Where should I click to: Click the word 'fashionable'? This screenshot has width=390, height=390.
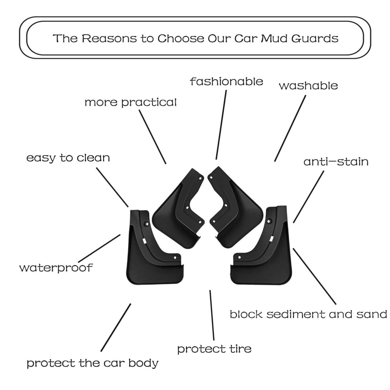pos(227,81)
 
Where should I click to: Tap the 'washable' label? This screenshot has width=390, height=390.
pos(308,85)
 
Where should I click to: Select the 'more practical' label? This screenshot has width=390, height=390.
pos(130,102)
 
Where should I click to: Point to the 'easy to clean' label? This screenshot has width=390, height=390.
pos(68,158)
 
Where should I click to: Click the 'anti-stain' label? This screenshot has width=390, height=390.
pos(336,162)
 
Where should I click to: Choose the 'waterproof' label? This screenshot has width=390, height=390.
pos(56,268)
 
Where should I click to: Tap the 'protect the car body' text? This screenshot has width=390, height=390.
pos(93,363)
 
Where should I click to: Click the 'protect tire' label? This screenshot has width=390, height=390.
pos(214,349)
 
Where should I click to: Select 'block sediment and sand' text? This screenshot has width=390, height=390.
pos(308,314)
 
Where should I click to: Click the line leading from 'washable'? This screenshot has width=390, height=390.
pos(290,128)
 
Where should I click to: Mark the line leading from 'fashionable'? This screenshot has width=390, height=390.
pos(221,124)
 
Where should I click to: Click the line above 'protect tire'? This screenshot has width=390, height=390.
pos(212,315)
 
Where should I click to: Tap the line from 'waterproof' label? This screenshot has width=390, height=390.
pos(99,248)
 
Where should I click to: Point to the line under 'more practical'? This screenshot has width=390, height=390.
pos(152,137)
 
